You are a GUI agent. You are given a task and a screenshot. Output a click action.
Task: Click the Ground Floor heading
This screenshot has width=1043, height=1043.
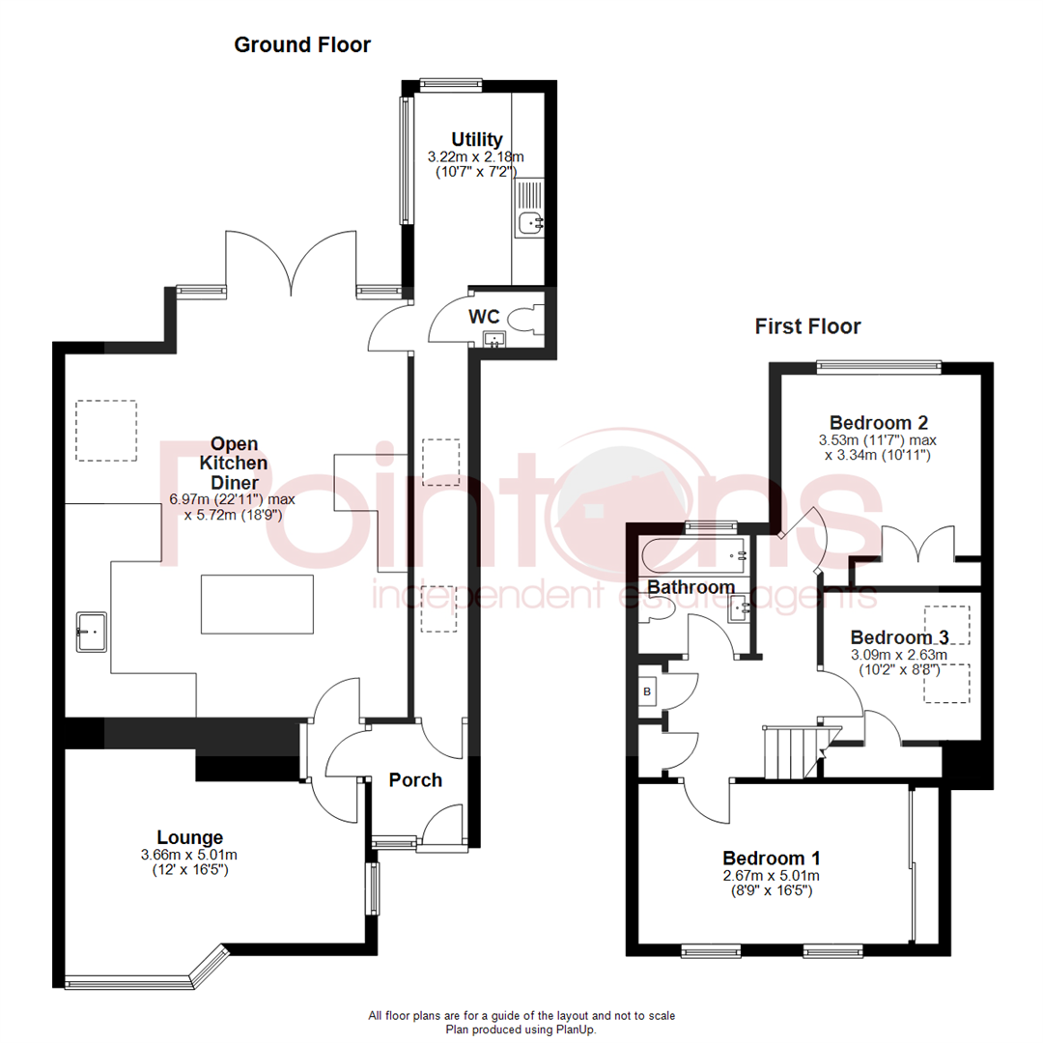tap(302, 44)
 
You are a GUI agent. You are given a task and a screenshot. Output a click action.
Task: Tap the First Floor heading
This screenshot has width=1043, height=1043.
tap(807, 326)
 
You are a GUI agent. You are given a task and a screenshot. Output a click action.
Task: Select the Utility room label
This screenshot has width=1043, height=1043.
tap(476, 139)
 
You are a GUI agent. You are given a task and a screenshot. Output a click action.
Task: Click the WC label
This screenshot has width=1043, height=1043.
tap(483, 316)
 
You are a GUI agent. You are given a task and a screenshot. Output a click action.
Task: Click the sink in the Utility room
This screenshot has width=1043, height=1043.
tap(529, 224)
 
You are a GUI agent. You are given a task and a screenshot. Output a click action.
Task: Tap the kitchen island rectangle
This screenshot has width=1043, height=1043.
tap(257, 604)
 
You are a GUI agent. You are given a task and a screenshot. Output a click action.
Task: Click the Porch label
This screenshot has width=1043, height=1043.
tap(415, 779)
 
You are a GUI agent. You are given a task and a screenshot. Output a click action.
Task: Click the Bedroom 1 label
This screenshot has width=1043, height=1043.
tap(772, 858)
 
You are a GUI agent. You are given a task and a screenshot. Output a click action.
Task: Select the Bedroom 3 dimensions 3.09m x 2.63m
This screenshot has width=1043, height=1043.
tap(898, 654)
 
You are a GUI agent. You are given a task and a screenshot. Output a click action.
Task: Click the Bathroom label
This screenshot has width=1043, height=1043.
tap(691, 587)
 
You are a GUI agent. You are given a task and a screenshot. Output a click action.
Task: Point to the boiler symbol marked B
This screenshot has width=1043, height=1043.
tap(647, 691)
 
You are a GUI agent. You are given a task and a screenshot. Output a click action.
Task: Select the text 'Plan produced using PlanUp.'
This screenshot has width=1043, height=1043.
tap(521, 1029)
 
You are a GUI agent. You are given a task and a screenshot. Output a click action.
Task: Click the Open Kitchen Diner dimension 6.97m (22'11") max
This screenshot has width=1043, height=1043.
tap(232, 500)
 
